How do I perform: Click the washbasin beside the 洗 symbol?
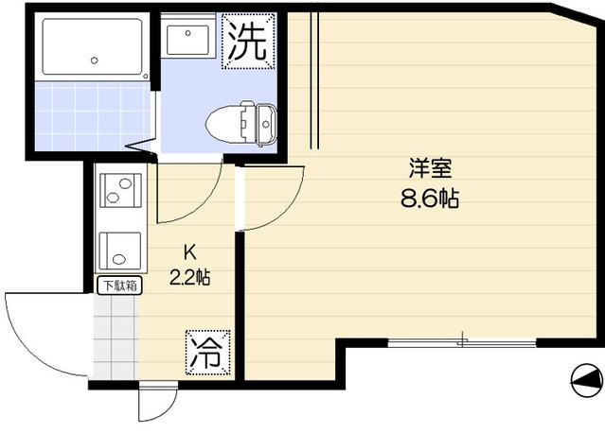pyautogui.click(x=188, y=41)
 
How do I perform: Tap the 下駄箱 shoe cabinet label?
pyautogui.click(x=117, y=285)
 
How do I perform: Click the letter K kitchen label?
pyautogui.click(x=188, y=253)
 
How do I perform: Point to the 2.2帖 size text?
pyautogui.click(x=189, y=278)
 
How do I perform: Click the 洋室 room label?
pyautogui.click(x=430, y=170)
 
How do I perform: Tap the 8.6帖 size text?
pyautogui.click(x=430, y=199)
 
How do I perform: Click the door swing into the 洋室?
pyautogui.click(x=275, y=199)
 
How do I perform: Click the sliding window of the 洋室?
pyautogui.click(x=462, y=341)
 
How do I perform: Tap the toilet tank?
pyautogui.click(x=259, y=122)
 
